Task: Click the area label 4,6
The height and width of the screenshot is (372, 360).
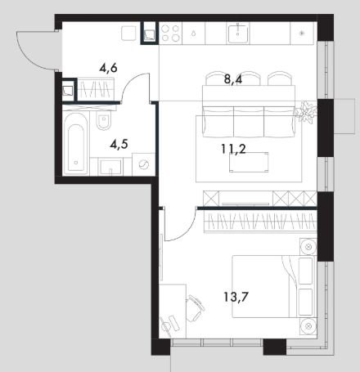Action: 109,67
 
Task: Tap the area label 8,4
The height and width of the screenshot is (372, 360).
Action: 233,80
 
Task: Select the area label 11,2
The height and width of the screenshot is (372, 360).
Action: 233,149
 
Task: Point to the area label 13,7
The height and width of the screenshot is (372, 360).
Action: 236,297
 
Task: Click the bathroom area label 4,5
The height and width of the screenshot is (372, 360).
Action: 119,144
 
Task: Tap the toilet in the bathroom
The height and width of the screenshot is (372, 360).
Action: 103,120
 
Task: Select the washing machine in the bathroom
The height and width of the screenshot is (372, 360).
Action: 143,164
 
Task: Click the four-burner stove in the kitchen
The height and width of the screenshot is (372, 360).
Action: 170,34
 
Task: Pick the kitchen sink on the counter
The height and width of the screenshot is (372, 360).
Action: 238,34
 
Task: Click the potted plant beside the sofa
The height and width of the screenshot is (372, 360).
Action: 307,112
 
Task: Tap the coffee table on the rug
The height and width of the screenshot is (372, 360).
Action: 249,162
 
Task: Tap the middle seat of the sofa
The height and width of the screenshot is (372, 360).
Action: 249,122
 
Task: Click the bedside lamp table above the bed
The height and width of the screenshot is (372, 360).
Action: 308,247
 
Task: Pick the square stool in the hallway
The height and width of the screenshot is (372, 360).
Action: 128,34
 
